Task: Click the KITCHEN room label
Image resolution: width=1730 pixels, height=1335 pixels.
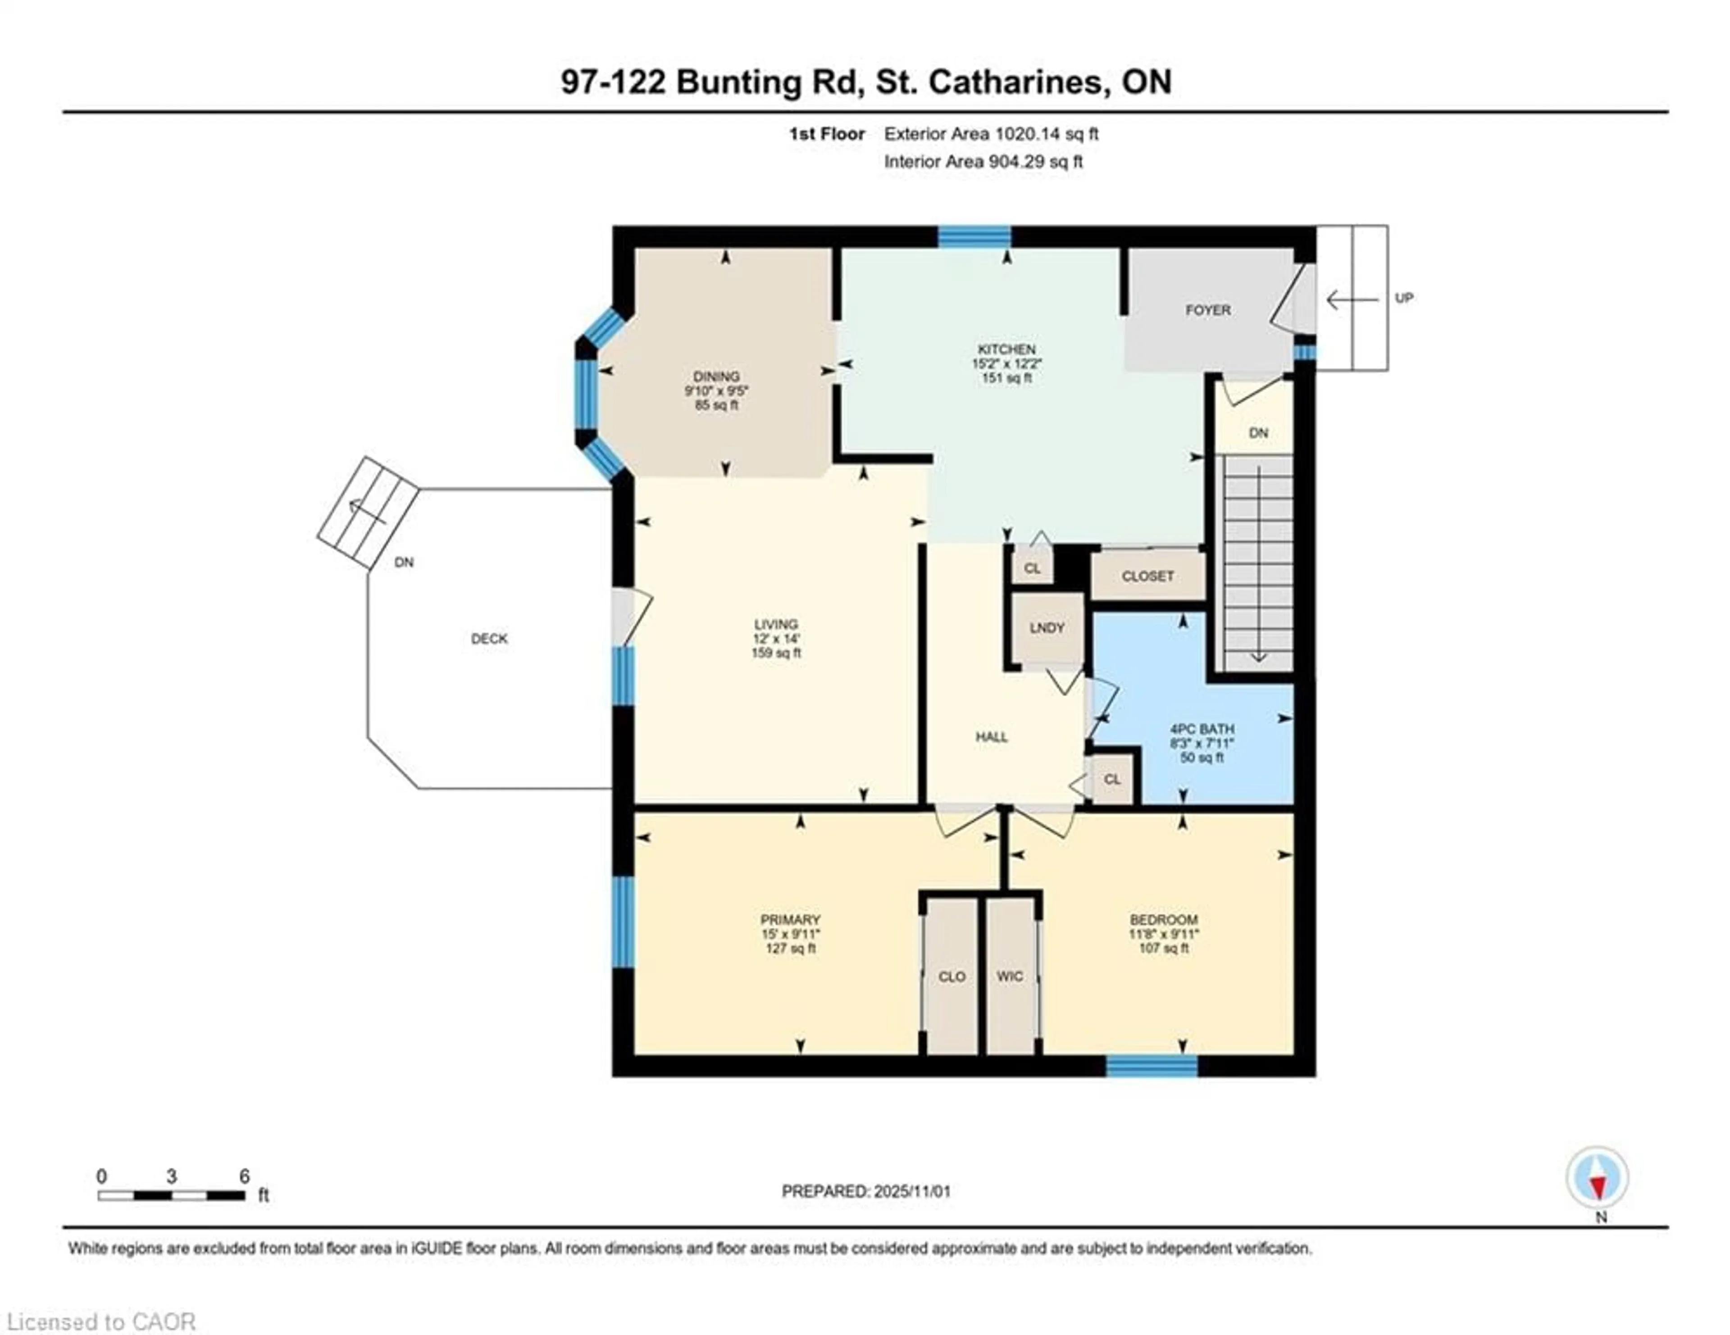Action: point(1006,349)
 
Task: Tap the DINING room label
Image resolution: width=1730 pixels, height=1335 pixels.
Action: point(716,377)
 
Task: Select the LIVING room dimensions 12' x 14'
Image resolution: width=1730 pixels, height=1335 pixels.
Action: point(776,638)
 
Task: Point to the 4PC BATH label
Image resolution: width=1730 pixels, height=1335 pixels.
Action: point(1202,729)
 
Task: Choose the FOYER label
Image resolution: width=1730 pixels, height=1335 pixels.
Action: point(1207,310)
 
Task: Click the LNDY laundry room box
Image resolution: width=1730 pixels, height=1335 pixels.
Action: point(1047,628)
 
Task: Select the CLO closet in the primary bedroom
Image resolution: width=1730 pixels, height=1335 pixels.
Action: point(951,976)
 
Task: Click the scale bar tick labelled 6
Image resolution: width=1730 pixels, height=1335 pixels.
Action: point(244,1176)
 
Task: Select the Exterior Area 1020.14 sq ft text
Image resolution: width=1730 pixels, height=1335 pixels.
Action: point(991,134)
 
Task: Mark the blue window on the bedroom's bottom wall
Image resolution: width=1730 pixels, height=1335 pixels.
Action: point(1151,1067)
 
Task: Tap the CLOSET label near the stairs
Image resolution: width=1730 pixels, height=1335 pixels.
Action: point(1148,577)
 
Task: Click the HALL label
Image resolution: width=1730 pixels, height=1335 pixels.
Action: point(991,737)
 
